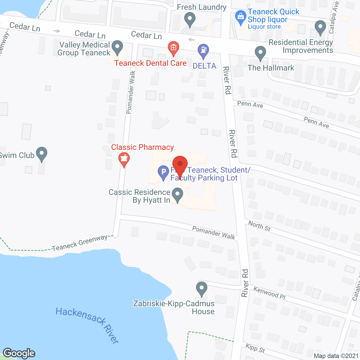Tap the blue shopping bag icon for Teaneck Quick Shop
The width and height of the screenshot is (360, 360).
coord(240,17)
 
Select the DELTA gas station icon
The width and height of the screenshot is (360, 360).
coord(203,51)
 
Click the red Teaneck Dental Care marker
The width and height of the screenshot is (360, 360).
coord(174,48)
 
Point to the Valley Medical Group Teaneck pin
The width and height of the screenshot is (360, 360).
coord(117,47)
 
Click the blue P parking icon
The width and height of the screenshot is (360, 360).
coord(163,172)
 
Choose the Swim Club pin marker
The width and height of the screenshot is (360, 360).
coord(42,154)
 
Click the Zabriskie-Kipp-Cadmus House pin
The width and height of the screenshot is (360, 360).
coord(201,289)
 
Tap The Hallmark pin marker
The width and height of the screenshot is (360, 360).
coord(260,53)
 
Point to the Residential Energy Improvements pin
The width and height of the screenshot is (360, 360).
coord(320,28)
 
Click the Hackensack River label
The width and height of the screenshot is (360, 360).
coord(87,325)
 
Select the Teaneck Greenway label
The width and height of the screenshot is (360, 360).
coord(80,243)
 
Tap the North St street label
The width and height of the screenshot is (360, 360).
coord(259,226)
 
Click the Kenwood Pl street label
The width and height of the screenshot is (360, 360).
coord(269,293)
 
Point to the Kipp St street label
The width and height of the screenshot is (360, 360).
coord(255,348)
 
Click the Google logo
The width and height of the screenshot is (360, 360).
coord(19,353)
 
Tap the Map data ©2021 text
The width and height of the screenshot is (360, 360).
coord(336,356)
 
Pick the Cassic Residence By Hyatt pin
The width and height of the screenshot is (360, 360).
coord(177,195)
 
